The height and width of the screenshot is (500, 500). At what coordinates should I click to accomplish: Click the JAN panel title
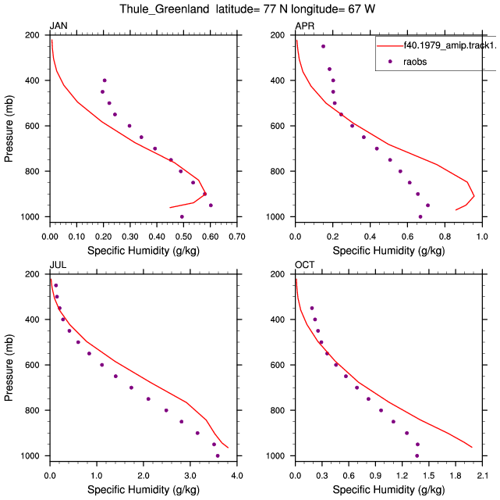tap(59, 26)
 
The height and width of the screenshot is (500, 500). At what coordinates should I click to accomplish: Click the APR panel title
tap(305, 26)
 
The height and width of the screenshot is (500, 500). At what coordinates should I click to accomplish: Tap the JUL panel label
tap(58, 265)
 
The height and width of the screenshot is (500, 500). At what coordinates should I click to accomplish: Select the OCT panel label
tap(305, 265)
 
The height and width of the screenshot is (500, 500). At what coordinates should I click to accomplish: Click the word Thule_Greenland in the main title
tap(165, 9)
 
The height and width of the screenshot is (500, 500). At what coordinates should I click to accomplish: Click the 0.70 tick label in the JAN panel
tap(237, 237)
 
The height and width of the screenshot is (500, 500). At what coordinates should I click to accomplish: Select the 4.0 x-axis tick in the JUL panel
tap(237, 476)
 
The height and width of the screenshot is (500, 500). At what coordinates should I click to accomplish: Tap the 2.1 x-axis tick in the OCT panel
tap(482, 476)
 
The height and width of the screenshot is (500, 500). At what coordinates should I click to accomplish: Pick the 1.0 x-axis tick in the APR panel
tap(482, 237)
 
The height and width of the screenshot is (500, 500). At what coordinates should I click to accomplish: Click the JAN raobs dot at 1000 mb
tap(182, 216)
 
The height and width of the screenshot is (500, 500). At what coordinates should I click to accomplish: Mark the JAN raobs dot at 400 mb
tap(105, 80)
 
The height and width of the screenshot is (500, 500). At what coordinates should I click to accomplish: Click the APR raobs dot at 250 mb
tap(324, 46)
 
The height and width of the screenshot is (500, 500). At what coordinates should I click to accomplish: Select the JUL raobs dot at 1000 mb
tap(218, 456)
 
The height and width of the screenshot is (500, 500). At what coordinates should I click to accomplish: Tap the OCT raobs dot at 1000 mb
tap(417, 456)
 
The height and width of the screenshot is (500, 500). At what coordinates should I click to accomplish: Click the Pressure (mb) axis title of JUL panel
tap(9, 367)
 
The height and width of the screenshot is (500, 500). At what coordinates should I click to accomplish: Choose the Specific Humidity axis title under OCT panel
tap(388, 490)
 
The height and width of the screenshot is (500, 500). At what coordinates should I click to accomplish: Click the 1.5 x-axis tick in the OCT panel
tap(429, 476)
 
